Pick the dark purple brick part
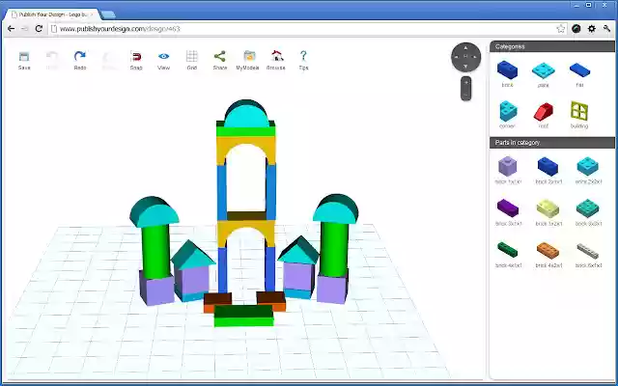click(x=507, y=207)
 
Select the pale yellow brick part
click(x=548, y=207)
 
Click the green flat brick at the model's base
click(x=243, y=314)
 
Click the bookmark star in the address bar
click(x=561, y=29)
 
